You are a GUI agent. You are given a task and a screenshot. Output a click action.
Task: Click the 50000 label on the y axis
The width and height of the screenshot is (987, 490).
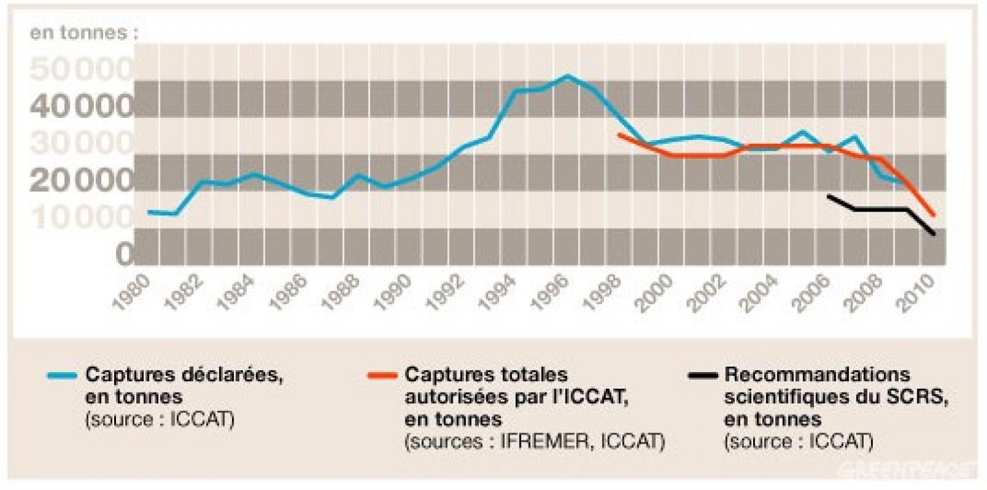(x=81, y=69)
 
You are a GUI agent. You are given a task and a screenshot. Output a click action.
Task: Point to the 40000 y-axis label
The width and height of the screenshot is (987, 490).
(x=81, y=106)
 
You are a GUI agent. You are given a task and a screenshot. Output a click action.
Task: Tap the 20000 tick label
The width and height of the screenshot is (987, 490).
(x=81, y=180)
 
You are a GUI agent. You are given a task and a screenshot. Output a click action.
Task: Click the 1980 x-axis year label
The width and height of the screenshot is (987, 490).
(x=131, y=292)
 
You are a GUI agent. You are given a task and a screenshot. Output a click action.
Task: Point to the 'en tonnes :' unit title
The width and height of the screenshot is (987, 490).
(x=84, y=33)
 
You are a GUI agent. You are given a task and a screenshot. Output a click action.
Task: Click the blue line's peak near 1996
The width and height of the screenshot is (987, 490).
(x=568, y=77)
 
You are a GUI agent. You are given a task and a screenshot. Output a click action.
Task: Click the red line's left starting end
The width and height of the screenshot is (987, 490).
(x=619, y=134)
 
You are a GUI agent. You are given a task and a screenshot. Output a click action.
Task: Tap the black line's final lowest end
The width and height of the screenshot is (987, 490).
(x=935, y=234)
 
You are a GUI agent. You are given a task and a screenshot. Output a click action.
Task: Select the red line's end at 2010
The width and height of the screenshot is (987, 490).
(x=935, y=215)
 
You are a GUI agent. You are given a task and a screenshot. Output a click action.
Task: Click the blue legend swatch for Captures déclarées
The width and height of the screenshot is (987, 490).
(x=62, y=375)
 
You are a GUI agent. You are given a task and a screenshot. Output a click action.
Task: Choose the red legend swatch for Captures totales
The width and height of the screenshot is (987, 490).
(x=381, y=375)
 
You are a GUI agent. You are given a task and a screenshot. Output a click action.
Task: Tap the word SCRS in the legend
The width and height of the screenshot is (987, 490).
(x=915, y=397)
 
